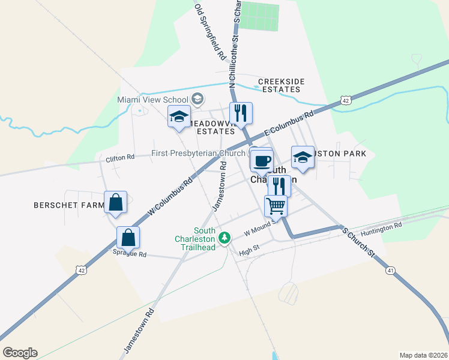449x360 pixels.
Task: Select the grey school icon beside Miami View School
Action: [197, 99]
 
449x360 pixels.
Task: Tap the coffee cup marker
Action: [262, 161]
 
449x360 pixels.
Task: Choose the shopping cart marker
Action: [276, 206]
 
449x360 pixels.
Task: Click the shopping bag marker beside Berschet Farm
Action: [115, 202]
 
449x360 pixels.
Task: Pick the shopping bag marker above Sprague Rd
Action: [128, 237]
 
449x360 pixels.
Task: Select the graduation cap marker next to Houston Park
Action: [303, 158]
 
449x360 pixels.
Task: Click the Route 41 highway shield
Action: [390, 271]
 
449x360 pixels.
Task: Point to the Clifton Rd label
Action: [120, 158]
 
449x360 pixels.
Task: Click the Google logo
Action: [20, 353]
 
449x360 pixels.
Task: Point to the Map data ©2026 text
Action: [423, 355]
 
